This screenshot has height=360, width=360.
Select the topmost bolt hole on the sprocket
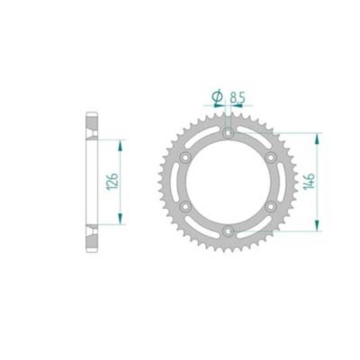tap(230, 132)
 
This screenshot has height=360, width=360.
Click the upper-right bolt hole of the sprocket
tap(274, 157)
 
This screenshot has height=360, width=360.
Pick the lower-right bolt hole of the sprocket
tap(274, 209)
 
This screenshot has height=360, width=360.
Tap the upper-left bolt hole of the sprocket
tap(186, 157)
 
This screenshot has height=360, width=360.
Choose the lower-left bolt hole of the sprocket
tap(186, 209)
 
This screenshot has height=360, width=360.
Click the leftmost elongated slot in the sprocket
tap(177, 184)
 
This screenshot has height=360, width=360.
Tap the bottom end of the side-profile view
tap(90, 250)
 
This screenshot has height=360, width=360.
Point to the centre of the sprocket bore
tap(230, 184)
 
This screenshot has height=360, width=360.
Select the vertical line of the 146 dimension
tap(317, 183)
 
